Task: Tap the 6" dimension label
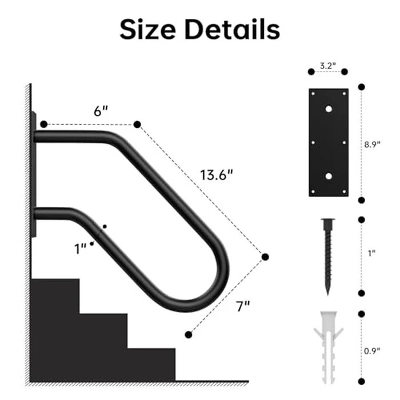tap(101, 112)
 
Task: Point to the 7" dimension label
tap(243, 306)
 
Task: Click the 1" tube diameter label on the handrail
tap(80, 247)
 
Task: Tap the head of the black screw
tap(328, 223)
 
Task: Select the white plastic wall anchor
tap(328, 346)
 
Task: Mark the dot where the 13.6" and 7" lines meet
tap(265, 257)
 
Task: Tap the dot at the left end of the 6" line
tap(43, 124)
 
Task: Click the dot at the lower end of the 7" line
tap(187, 334)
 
